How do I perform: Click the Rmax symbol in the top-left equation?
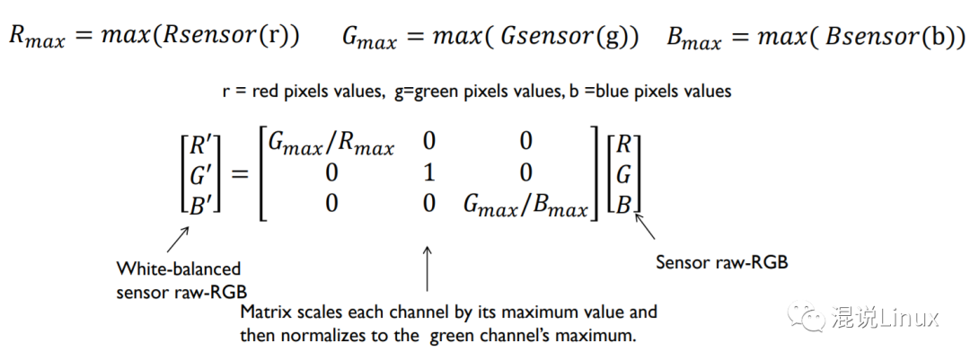coord(37,38)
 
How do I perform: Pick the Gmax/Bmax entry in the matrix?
coord(525,206)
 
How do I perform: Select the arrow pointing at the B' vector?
coord(178,239)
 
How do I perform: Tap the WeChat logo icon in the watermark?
coord(806,316)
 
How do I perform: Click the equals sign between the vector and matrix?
coord(239,173)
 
